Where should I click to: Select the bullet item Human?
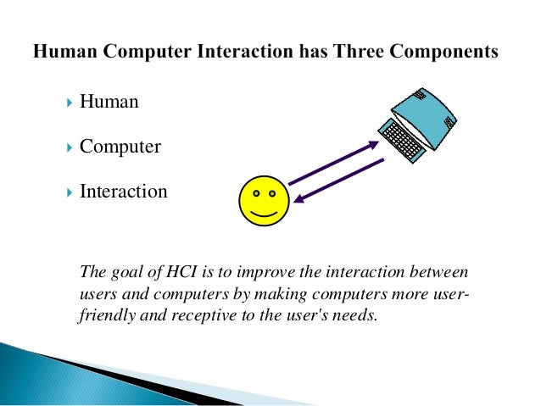109,103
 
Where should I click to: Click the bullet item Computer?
120,147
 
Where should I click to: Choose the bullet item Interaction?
123,192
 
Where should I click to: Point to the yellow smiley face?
264,201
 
